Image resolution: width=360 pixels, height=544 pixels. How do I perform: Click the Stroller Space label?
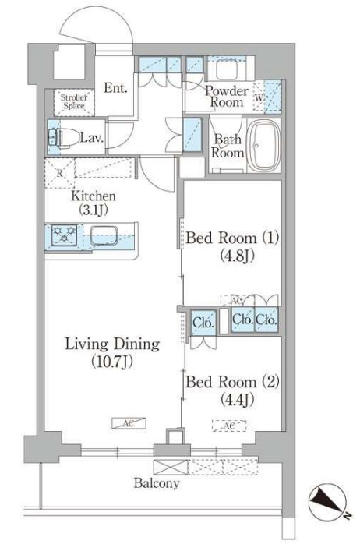[x=73, y=101]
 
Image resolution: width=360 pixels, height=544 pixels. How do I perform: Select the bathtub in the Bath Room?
[x=265, y=146]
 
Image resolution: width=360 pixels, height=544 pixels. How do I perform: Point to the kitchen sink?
[x=104, y=236]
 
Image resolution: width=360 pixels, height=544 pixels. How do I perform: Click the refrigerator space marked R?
[x=60, y=173]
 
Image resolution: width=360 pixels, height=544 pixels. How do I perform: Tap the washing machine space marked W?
[x=259, y=97]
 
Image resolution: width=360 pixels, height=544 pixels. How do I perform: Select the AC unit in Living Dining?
[x=129, y=423]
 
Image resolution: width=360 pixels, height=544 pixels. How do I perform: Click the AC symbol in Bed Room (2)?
[x=229, y=426]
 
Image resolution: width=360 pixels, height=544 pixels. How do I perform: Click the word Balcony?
[x=157, y=483]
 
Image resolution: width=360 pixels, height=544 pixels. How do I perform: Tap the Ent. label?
[x=115, y=88]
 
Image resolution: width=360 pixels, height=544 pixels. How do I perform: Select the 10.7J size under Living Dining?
[x=112, y=362]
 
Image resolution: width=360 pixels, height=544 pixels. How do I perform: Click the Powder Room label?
[x=227, y=96]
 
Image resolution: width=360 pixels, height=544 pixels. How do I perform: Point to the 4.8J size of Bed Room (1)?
[x=238, y=256]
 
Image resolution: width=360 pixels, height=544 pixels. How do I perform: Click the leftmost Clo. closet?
[x=203, y=323]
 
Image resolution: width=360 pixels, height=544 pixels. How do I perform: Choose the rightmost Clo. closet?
[x=266, y=320]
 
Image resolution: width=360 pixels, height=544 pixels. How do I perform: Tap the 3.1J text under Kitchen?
[x=94, y=209]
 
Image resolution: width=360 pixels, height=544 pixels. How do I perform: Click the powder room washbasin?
[x=228, y=69]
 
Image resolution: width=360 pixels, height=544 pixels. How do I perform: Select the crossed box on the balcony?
[x=171, y=467]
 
